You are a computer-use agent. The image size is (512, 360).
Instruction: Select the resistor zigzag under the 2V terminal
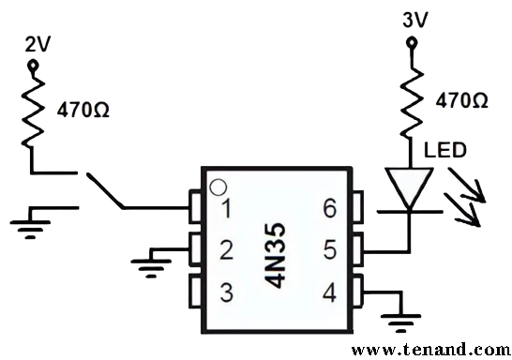pyautogui.click(x=35, y=110)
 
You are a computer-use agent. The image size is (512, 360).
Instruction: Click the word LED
pyautogui.click(x=444, y=150)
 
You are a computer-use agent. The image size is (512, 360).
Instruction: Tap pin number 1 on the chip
pyautogui.click(x=225, y=209)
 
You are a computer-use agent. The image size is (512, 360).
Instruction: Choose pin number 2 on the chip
pyautogui.click(x=225, y=250)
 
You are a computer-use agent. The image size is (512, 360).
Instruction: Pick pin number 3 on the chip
pyautogui.click(x=225, y=292)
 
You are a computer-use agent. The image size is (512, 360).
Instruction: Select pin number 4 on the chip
pyautogui.click(x=328, y=292)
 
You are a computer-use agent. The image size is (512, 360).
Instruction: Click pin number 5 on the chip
pyautogui.click(x=328, y=250)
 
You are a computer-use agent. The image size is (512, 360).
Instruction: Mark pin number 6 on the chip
pyautogui.click(x=328, y=209)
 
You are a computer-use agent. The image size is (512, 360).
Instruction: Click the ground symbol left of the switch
pyautogui.click(x=35, y=222)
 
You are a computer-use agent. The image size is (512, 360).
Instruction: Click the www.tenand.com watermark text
pyautogui.click(x=430, y=350)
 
